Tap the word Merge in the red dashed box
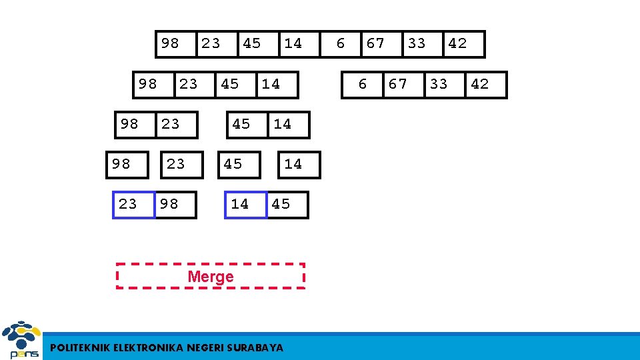click(211, 277)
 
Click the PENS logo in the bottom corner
click(21, 340)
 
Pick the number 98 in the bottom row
click(169, 204)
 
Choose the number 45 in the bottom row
click(281, 204)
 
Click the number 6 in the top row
click(341, 43)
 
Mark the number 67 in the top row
click(376, 43)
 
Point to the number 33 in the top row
click(417, 43)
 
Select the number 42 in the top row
click(458, 43)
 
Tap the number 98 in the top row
click(170, 43)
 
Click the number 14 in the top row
click(293, 43)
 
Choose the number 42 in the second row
click(480, 84)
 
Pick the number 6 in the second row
click(363, 84)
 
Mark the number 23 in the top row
click(211, 43)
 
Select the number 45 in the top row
click(252, 43)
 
